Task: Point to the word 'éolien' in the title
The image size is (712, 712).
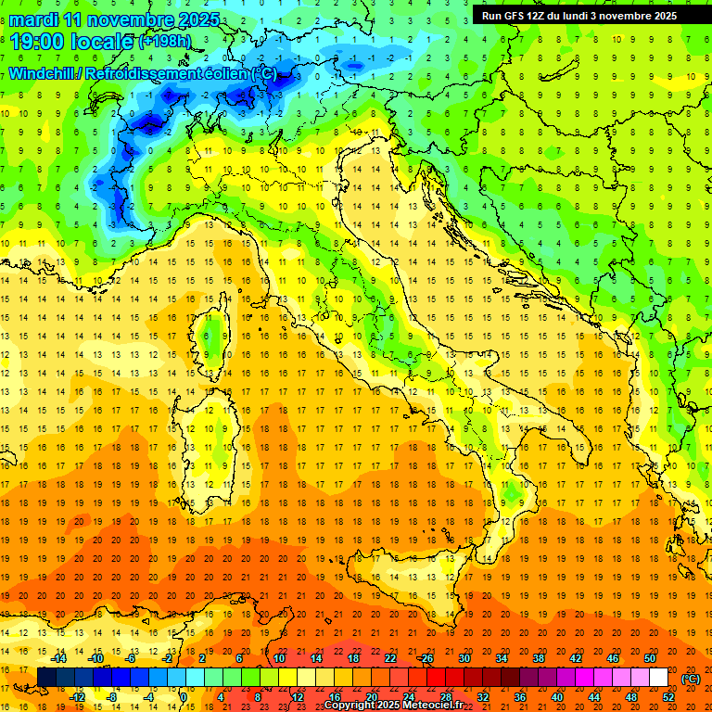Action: [224, 73]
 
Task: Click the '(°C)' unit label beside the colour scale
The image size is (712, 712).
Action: [690, 679]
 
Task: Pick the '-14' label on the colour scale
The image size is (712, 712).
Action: [58, 658]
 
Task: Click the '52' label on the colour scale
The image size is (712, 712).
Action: [668, 697]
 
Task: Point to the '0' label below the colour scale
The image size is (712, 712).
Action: [184, 697]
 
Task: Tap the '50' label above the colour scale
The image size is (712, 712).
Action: [649, 658]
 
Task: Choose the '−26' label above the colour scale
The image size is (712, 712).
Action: [426, 658]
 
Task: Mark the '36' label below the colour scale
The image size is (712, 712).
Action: [519, 697]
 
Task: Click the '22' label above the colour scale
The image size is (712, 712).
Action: [389, 658]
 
